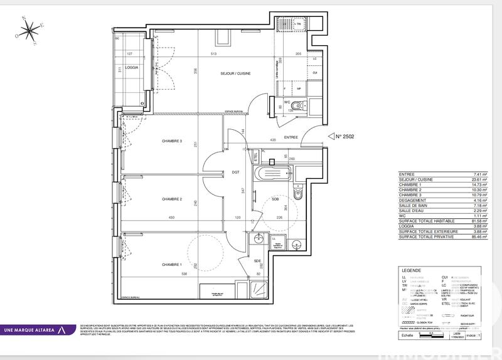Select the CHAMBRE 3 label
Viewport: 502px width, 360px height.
point(171,141)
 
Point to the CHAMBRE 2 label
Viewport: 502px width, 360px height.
point(171,199)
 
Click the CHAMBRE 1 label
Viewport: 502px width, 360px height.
point(171,264)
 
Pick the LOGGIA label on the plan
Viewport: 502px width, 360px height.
point(131,67)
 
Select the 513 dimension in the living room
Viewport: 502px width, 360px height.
point(214,55)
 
